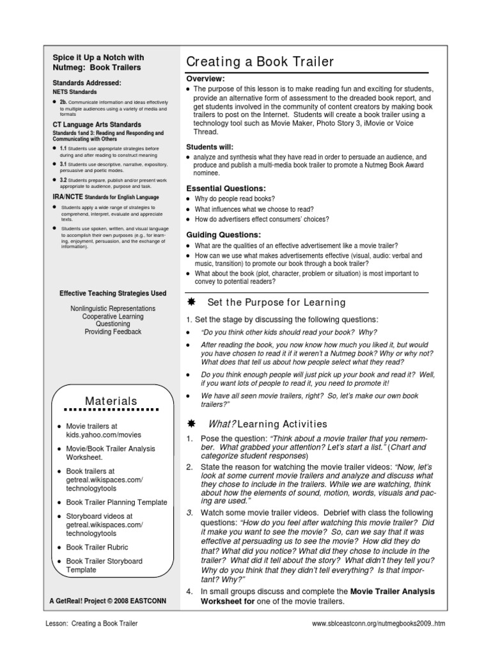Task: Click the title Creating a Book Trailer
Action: click(x=260, y=62)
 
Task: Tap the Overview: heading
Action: click(x=205, y=79)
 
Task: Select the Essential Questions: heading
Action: click(x=225, y=189)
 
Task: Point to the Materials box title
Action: click(x=112, y=401)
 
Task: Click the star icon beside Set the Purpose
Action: click(x=190, y=302)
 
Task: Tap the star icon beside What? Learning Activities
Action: click(x=190, y=423)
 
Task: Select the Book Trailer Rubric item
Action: click(x=97, y=547)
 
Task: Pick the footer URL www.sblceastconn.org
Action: click(x=387, y=623)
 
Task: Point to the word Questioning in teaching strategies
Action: click(x=113, y=324)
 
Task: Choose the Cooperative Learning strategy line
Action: click(x=113, y=316)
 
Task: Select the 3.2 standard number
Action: click(x=63, y=180)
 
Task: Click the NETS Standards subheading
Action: click(x=75, y=92)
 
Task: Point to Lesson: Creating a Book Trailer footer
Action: click(x=91, y=623)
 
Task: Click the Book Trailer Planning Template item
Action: click(x=116, y=502)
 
